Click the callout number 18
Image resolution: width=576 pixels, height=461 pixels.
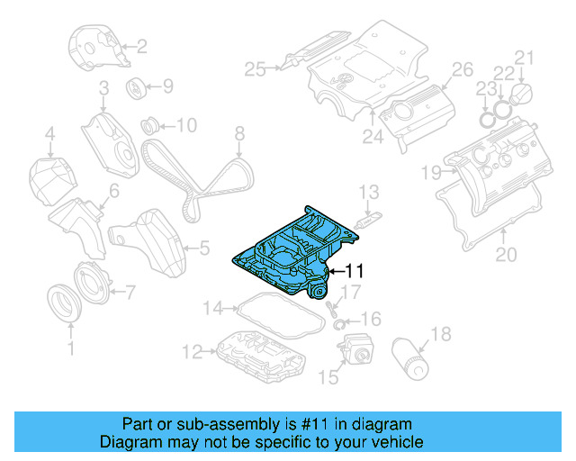tap(440, 337)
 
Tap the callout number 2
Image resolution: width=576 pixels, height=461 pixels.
tap(140, 45)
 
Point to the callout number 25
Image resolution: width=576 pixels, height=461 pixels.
tap(256, 68)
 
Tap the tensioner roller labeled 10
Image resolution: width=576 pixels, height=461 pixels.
tap(150, 123)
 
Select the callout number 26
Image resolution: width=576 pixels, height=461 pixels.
tap(461, 69)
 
